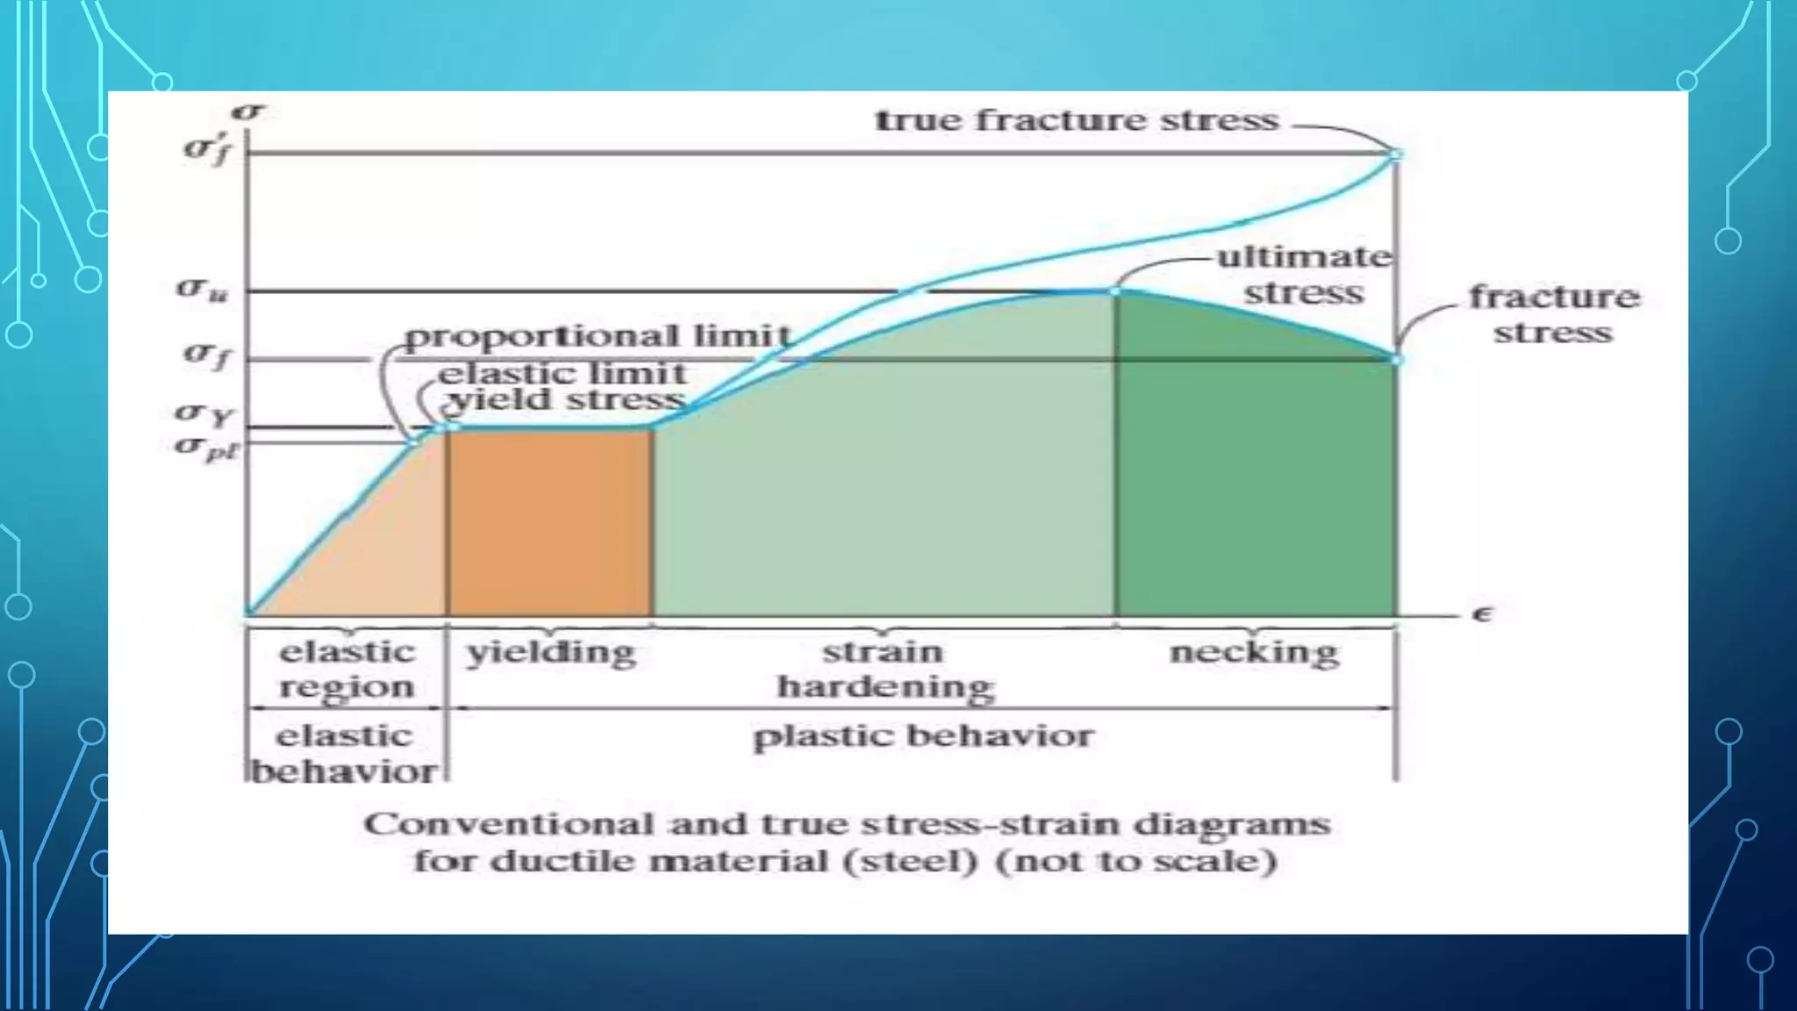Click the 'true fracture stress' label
(1077, 120)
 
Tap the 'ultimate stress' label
(1304, 275)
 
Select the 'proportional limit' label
(598, 336)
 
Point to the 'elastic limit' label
(562, 374)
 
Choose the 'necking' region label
(1254, 653)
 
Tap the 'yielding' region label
(551, 653)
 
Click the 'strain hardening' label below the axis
(884, 670)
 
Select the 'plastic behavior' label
(923, 736)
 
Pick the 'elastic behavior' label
(344, 754)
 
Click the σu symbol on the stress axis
(203, 289)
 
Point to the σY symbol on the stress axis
(202, 412)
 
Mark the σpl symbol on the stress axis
(206, 448)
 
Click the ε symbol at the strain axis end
(1482, 614)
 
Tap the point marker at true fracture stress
(1395, 154)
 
